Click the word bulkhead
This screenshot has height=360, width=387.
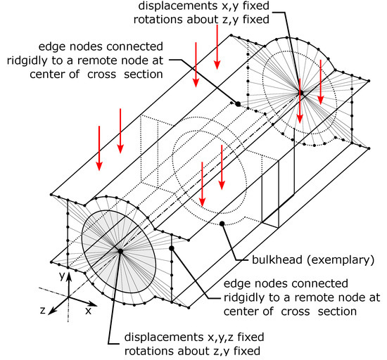[x=277, y=260]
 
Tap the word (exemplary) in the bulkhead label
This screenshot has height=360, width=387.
[x=341, y=260]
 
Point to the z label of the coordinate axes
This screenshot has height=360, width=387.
[x=43, y=310]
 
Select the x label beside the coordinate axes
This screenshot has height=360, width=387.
[x=88, y=311]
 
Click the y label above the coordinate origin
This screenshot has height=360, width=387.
[x=62, y=276]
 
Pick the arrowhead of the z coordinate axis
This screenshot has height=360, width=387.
[x=52, y=311]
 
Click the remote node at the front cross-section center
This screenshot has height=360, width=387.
[x=120, y=251]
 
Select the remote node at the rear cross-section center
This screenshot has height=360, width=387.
[x=301, y=93]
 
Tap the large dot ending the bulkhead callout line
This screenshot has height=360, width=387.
[x=222, y=224]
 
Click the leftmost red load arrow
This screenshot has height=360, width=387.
[x=99, y=148]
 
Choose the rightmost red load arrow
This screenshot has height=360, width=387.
[x=320, y=82]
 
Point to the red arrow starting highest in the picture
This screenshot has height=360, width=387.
[x=217, y=47]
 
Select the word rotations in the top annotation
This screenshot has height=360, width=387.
[x=159, y=20]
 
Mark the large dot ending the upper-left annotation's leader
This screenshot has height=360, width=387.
[x=238, y=104]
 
